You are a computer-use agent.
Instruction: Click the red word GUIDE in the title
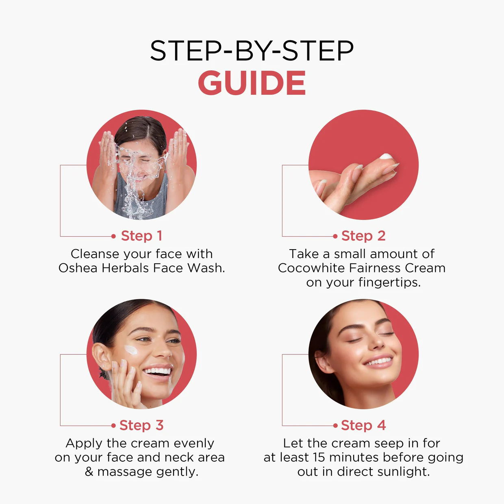[252, 83]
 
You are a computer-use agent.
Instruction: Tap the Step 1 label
[141, 236]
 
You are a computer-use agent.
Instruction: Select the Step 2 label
[363, 236]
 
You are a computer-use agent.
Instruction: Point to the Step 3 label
[141, 425]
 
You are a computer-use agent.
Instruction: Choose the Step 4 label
[363, 425]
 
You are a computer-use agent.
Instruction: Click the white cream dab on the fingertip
[386, 156]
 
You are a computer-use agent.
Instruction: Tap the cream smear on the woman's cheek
[131, 350]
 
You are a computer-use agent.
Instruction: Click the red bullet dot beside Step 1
[113, 237]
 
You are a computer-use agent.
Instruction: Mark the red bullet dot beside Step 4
[335, 426]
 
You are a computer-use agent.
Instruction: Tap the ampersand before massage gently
[89, 472]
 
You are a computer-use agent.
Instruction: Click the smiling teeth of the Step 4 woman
[378, 361]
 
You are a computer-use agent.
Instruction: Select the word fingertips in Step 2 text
[389, 282]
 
